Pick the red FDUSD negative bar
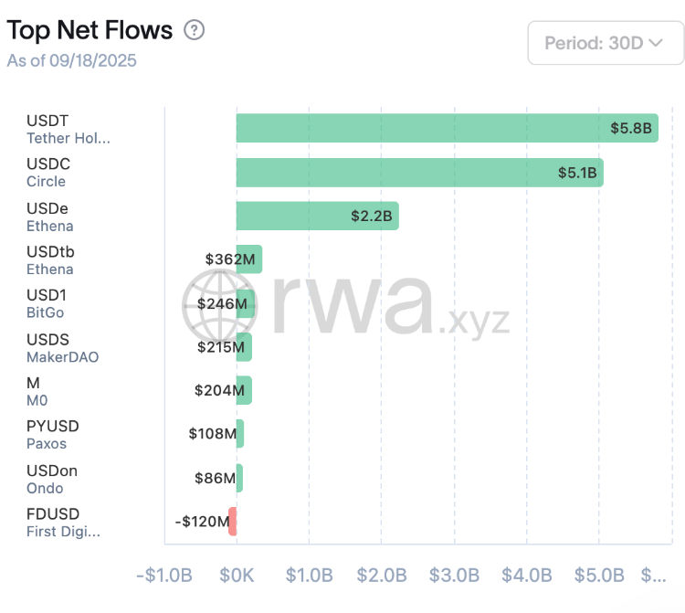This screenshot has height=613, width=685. pyautogui.click(x=233, y=521)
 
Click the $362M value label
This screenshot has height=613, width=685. pyautogui.click(x=230, y=259)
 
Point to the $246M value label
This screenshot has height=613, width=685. pyautogui.click(x=222, y=303)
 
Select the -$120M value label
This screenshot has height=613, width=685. pyautogui.click(x=202, y=522)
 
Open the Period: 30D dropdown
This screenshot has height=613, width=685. pyautogui.click(x=605, y=43)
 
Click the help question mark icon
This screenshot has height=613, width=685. pyautogui.click(x=194, y=30)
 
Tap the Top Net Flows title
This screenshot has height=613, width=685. pyautogui.click(x=90, y=30)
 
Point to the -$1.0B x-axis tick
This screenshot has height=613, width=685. pyautogui.click(x=164, y=576)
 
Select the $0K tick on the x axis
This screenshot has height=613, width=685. pyautogui.click(x=237, y=576)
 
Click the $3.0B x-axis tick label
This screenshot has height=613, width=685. pyautogui.click(x=454, y=576)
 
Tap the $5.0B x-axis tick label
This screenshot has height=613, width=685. pyautogui.click(x=599, y=576)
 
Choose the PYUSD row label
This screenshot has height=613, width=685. pyautogui.click(x=53, y=427)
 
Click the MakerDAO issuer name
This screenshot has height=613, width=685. pyautogui.click(x=62, y=357)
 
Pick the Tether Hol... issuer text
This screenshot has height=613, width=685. pyautogui.click(x=68, y=139)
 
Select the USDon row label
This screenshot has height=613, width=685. pyautogui.click(x=52, y=470)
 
